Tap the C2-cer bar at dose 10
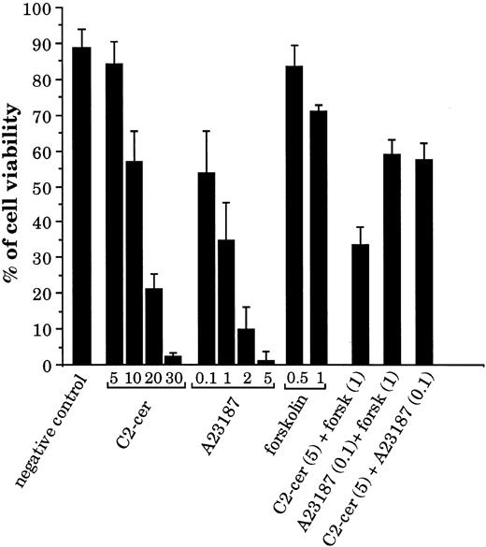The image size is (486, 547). click(x=134, y=263)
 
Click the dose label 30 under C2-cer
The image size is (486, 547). click(x=175, y=380)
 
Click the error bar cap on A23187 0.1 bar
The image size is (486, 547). click(x=205, y=131)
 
